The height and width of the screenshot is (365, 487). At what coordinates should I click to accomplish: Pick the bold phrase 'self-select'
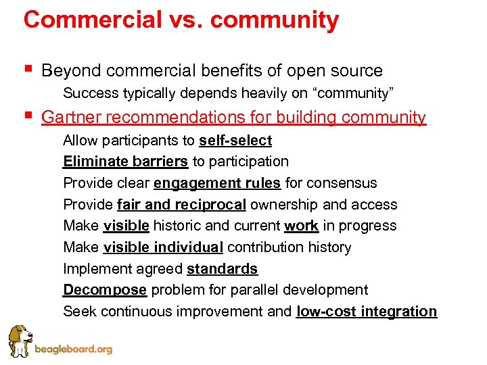(x=235, y=141)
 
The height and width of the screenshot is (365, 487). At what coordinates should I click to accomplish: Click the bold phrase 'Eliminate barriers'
(x=125, y=162)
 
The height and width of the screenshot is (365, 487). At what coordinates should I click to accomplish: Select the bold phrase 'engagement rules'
(x=217, y=183)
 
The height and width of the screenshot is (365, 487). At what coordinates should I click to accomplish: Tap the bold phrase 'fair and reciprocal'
(x=181, y=205)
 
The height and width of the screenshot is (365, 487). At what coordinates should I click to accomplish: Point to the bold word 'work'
(x=301, y=226)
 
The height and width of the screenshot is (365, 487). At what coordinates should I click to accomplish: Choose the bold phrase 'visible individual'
(x=163, y=247)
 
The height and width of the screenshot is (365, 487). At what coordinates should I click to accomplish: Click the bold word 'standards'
(x=222, y=269)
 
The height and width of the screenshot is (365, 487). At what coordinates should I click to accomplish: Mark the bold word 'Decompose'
(x=105, y=290)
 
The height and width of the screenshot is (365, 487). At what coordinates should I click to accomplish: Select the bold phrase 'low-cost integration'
(x=367, y=312)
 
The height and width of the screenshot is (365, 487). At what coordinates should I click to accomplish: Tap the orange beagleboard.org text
(x=72, y=350)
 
